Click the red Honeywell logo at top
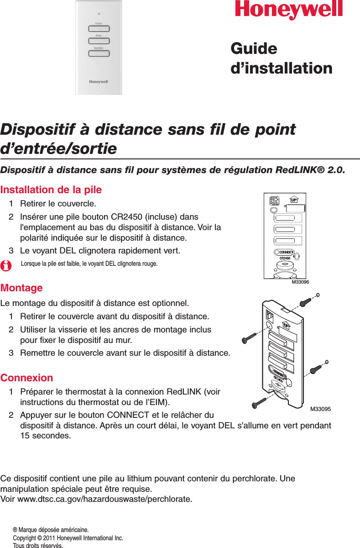(289, 10)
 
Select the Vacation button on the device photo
(99, 53)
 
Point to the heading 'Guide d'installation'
(282, 58)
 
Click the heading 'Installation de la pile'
(51, 190)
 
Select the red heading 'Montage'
(22, 288)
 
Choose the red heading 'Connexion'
(27, 378)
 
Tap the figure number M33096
(300, 282)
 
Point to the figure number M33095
(320, 409)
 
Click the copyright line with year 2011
(68, 538)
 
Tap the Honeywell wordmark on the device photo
(98, 82)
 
